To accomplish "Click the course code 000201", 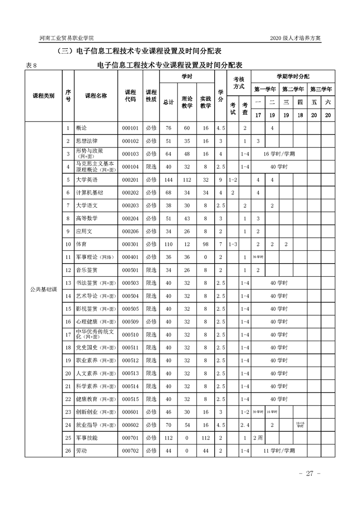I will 130,180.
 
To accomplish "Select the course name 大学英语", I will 87,180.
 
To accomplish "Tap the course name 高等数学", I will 87,218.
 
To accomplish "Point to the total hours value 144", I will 168,180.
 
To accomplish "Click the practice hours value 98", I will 206,244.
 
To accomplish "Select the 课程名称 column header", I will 96,96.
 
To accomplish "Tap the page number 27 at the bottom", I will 310,474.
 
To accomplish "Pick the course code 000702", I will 130,450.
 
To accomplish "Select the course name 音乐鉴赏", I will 87,270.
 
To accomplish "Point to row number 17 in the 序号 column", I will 68,334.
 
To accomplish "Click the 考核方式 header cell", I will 239,82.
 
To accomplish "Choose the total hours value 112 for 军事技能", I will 168,438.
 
